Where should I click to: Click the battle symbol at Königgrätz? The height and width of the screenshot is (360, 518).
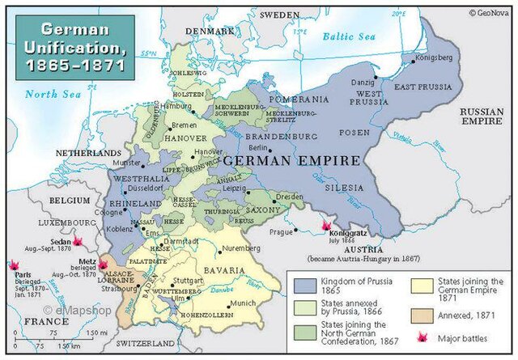(327, 225)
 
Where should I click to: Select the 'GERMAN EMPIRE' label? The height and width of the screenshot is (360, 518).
(291, 161)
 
